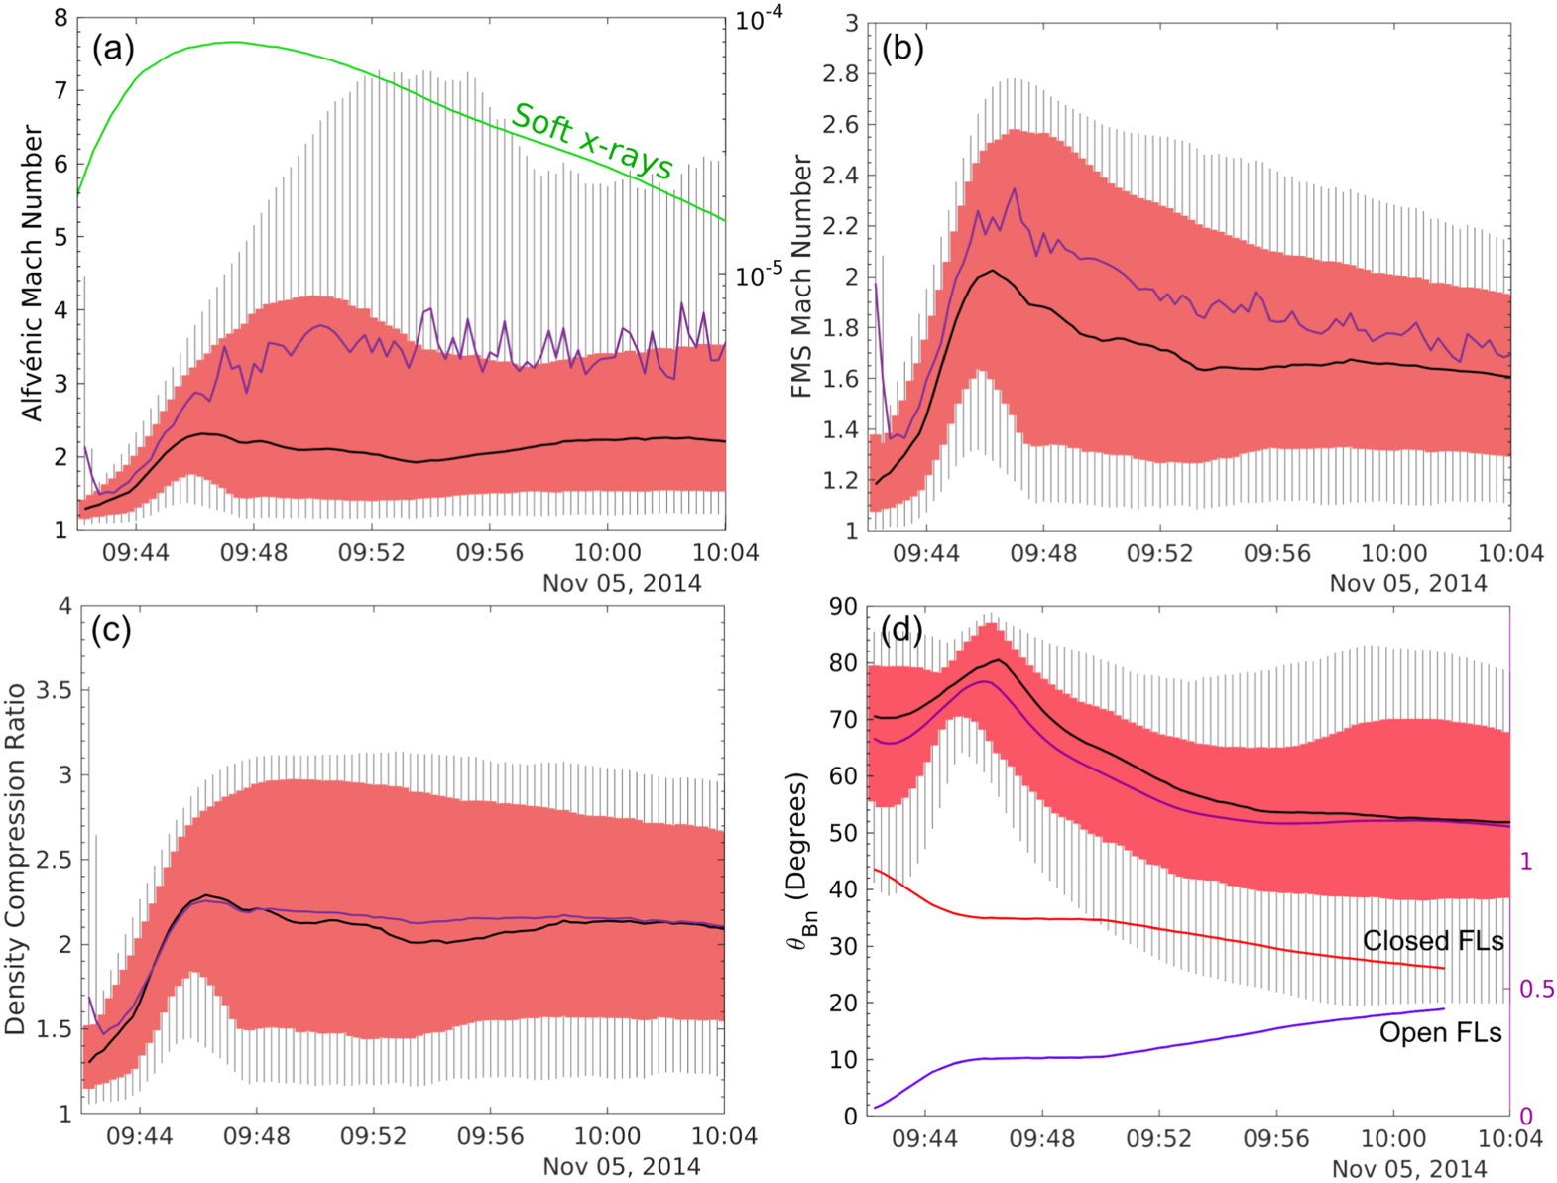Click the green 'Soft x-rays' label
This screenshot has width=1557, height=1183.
pyautogui.click(x=592, y=142)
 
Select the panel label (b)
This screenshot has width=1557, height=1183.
pyautogui.click(x=902, y=48)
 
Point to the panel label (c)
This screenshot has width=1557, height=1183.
pyautogui.click(x=111, y=630)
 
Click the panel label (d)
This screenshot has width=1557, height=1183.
pyautogui.click(x=901, y=629)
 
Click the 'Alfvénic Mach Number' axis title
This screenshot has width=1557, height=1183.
pyautogui.click(x=32, y=273)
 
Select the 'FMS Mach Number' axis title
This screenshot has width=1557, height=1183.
pyautogui.click(x=801, y=277)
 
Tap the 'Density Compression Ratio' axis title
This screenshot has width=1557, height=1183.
pyautogui.click(x=15, y=859)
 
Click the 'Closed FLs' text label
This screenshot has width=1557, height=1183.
pyautogui.click(x=1432, y=940)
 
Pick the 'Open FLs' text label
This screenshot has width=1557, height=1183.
pyautogui.click(x=1440, y=1032)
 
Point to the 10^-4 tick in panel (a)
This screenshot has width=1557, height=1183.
pyautogui.click(x=759, y=20)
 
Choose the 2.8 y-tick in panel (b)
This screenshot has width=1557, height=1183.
pyautogui.click(x=840, y=73)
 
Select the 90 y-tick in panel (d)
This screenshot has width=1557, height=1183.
pyautogui.click(x=843, y=606)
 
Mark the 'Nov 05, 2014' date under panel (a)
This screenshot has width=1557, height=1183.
pyautogui.click(x=622, y=583)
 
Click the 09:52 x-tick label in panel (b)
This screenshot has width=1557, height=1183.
pyautogui.click(x=1159, y=553)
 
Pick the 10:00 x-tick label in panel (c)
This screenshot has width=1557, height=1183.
pyautogui.click(x=607, y=1136)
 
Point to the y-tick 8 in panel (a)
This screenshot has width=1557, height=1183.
pyautogui.click(x=60, y=18)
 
